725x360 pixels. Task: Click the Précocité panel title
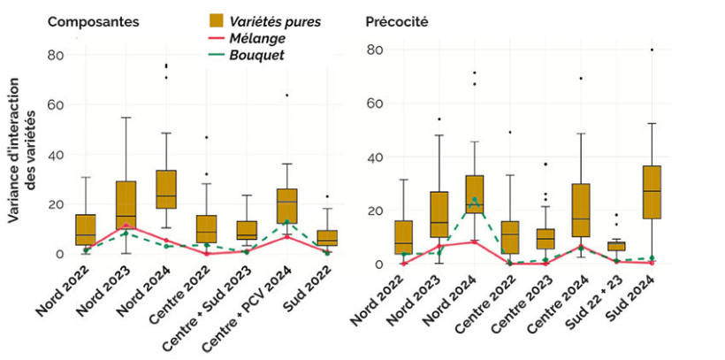point(397,20)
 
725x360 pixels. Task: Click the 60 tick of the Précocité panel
point(374,103)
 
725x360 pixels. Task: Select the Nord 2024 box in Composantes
point(166,189)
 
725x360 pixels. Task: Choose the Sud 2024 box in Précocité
point(652,192)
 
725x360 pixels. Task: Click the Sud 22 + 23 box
point(616,247)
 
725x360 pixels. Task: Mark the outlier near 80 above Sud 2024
point(652,50)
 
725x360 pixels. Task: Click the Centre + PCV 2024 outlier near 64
point(286,96)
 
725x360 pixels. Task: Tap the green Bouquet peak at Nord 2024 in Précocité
point(475,200)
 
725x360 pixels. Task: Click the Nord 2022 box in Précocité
point(403,237)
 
